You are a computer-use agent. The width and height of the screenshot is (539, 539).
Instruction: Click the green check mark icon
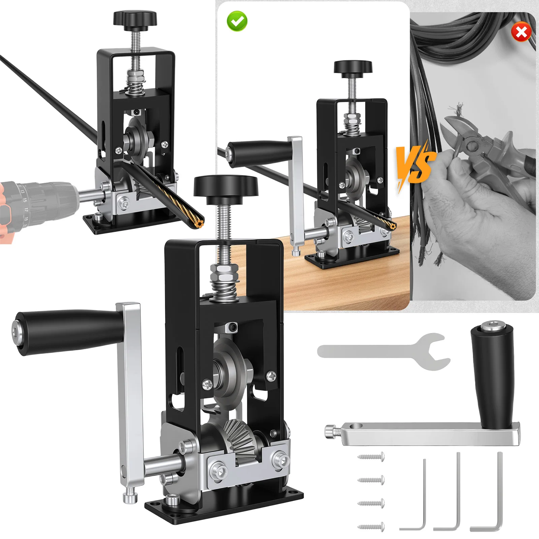237,21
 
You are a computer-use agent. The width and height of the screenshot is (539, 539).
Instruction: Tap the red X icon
521,32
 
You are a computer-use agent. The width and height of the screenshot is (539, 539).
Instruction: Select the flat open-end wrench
384,352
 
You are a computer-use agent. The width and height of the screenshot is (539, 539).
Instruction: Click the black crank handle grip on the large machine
67,332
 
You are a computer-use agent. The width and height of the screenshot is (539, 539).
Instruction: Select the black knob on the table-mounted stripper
353,67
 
